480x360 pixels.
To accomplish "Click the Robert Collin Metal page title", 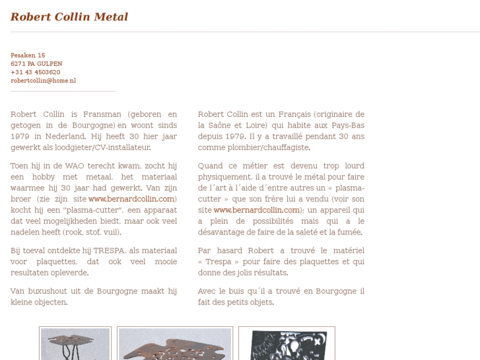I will tap(69, 17).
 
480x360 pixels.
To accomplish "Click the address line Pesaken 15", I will tap(28, 55).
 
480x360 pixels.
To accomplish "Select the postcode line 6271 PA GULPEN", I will tap(36, 64).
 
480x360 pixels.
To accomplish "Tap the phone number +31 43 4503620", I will tap(35, 73).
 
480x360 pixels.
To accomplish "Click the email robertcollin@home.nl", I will tap(43, 81).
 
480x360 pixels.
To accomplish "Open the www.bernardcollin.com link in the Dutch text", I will tap(131, 199).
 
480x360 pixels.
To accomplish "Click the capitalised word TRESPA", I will tap(108, 250).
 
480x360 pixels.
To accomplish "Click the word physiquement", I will tap(225, 177).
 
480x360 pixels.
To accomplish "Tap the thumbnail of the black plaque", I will tap(287, 343).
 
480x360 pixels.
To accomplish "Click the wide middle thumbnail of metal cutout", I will tap(175, 343).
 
